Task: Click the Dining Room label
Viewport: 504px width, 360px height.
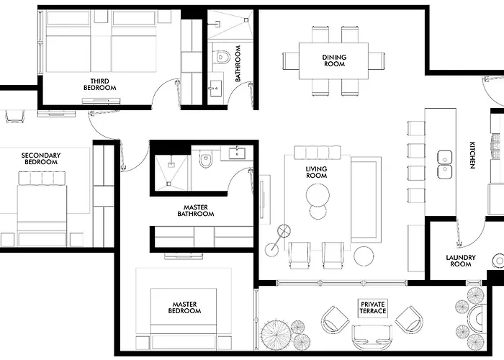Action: [x=334, y=60]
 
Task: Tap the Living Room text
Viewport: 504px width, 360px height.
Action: [x=317, y=172]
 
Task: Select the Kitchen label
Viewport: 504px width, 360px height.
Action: [x=472, y=156]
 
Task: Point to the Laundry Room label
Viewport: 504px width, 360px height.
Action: [x=461, y=261]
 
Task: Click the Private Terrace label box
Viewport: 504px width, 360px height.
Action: [x=373, y=307]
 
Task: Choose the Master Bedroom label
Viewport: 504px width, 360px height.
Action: [x=184, y=307]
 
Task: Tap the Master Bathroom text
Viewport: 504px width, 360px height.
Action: [x=196, y=210]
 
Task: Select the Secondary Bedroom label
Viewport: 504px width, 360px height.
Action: [x=41, y=158]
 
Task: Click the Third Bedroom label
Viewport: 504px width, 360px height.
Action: [x=99, y=84]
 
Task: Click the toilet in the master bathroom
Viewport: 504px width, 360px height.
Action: [x=205, y=159]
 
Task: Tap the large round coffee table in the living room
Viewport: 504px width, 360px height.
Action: [x=318, y=195]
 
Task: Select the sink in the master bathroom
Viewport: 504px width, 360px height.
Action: [x=237, y=153]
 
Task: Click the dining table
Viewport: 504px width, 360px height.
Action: [x=333, y=60]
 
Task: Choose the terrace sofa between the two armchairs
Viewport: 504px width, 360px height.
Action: [x=372, y=338]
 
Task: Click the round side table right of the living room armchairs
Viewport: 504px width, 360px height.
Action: [x=364, y=256]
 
